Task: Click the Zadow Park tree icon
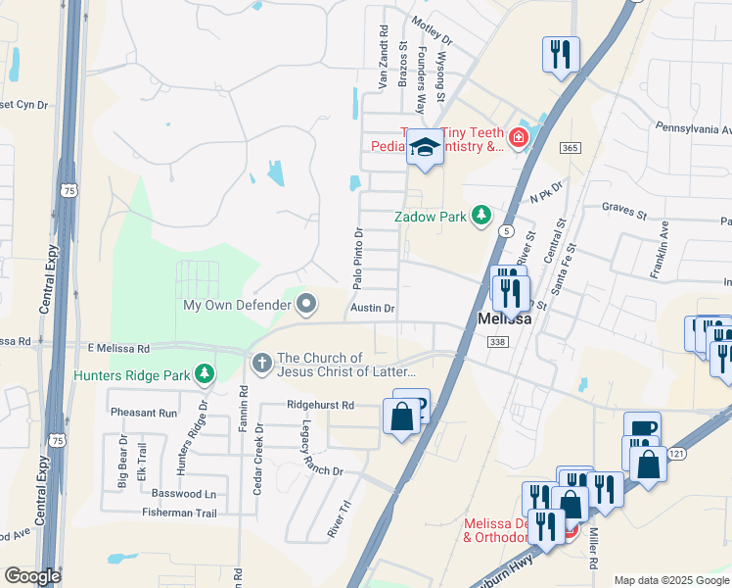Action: tap(480, 215)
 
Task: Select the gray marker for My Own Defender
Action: tap(306, 304)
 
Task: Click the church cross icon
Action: tap(261, 364)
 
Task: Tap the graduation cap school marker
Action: tap(425, 148)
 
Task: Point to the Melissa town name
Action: tap(504, 319)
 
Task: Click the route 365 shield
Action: tap(570, 147)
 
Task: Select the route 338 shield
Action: tap(497, 341)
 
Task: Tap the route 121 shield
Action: tap(676, 453)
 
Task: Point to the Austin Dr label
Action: tap(372, 308)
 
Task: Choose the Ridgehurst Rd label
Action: tap(320, 404)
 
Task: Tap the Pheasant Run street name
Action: tap(144, 414)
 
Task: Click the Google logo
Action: tap(32, 576)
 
